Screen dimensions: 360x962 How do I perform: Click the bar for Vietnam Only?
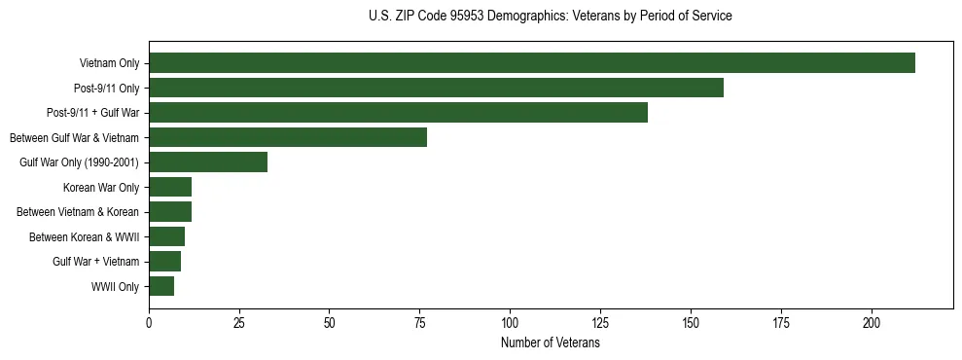click(532, 63)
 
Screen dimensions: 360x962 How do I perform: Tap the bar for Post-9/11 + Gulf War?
click(398, 113)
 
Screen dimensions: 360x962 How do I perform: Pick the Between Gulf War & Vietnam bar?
click(288, 137)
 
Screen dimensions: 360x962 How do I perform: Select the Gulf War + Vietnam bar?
click(164, 262)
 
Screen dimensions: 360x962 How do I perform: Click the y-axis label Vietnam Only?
click(109, 64)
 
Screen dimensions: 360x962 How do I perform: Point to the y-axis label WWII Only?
click(115, 287)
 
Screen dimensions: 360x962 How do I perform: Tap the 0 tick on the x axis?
click(149, 322)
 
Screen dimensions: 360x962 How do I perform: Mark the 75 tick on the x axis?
click(419, 322)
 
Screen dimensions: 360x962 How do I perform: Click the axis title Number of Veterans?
click(551, 343)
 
